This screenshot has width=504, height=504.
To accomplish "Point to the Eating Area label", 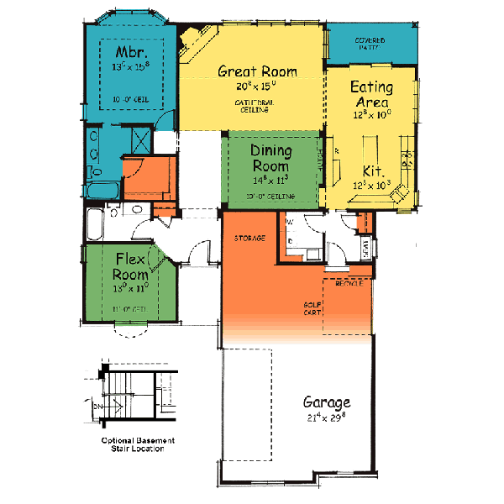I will click(x=370, y=93).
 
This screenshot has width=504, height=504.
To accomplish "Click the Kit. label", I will click(x=374, y=169).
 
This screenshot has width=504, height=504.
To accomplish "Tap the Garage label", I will click(x=327, y=402).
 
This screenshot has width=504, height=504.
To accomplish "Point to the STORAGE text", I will click(x=249, y=239).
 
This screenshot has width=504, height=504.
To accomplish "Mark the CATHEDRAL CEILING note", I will click(x=251, y=106).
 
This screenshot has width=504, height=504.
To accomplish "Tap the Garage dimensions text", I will click(x=327, y=417).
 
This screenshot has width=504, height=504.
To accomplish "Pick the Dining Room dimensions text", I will click(x=270, y=179).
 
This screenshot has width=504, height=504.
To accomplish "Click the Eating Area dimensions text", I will click(x=370, y=116).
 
